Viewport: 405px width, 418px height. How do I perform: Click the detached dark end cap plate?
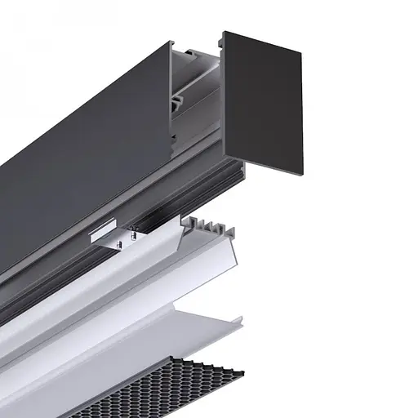tap(263, 102)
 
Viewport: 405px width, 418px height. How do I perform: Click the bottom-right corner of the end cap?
tap(302, 174)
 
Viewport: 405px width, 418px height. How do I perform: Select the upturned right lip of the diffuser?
tap(238, 320)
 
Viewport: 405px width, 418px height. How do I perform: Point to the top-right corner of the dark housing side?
tap(170, 42)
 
